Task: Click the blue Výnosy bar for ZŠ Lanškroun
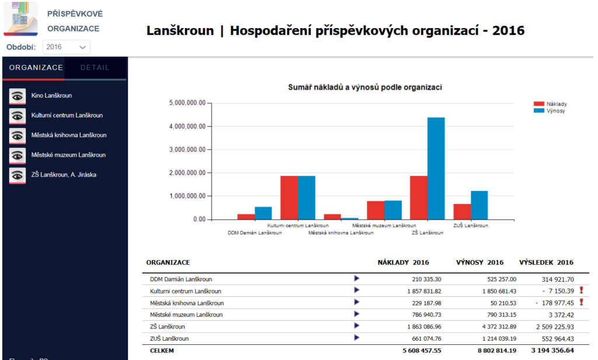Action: pos(436,168)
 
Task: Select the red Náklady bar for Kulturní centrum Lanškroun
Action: pos(289,198)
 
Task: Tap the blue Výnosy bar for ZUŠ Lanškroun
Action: pos(479,205)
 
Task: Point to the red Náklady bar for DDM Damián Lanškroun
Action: pos(246,217)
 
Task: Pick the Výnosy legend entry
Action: pos(550,110)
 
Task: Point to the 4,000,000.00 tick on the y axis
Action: pos(187,126)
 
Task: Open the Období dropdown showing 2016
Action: pos(67,47)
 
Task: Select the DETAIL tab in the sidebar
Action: pos(95,68)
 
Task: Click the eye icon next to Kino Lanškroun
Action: pos(18,96)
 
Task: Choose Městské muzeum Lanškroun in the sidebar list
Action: pos(68,155)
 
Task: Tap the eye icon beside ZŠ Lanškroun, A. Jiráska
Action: pos(18,175)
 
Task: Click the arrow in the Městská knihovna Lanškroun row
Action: pos(357,302)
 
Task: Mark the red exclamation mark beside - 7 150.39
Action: pos(581,290)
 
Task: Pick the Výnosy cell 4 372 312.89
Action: pos(499,327)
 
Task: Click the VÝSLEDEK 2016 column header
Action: pos(546,262)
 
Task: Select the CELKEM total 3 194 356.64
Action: pos(552,351)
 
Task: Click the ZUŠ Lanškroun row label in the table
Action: pos(169,338)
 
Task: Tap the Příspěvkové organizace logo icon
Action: pos(21,19)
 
